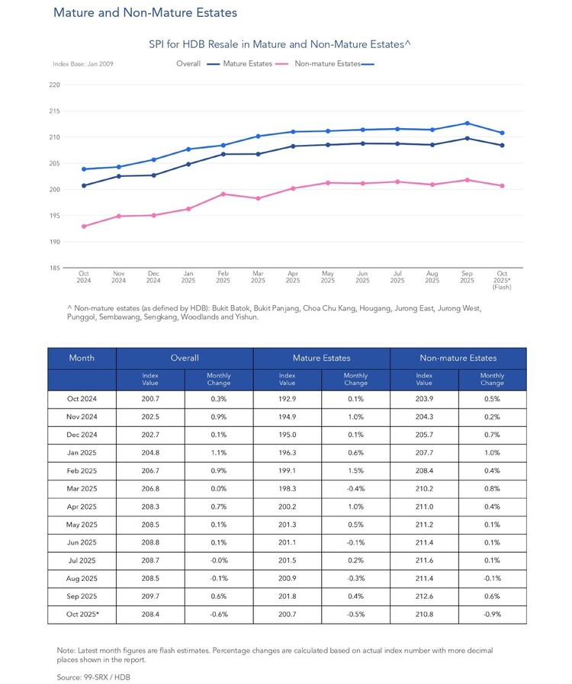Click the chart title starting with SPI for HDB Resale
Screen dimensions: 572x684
point(280,44)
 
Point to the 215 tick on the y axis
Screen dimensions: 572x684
point(55,111)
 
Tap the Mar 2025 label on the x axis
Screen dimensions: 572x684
point(258,277)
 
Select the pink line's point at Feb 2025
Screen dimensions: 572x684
point(223,194)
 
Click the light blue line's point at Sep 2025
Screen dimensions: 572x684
point(468,124)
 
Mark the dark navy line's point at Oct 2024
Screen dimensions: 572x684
point(84,186)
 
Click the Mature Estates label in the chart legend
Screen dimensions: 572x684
point(247,64)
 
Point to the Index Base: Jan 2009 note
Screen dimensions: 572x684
point(83,64)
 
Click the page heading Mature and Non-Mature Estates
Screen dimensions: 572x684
point(146,13)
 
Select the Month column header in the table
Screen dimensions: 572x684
point(82,358)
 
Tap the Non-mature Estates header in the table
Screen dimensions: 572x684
point(458,358)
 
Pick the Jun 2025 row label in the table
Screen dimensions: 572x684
point(82,543)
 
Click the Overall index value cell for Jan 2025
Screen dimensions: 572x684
point(150,453)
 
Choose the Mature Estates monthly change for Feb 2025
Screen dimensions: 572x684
point(355,470)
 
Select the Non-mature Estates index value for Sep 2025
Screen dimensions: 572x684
point(424,596)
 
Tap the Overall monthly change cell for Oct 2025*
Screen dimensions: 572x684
point(219,614)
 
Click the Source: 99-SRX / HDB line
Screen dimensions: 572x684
point(93,677)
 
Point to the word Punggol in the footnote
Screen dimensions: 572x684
point(82,317)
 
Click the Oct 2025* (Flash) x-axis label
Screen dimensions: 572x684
point(502,280)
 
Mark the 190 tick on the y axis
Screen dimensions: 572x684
point(55,242)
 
